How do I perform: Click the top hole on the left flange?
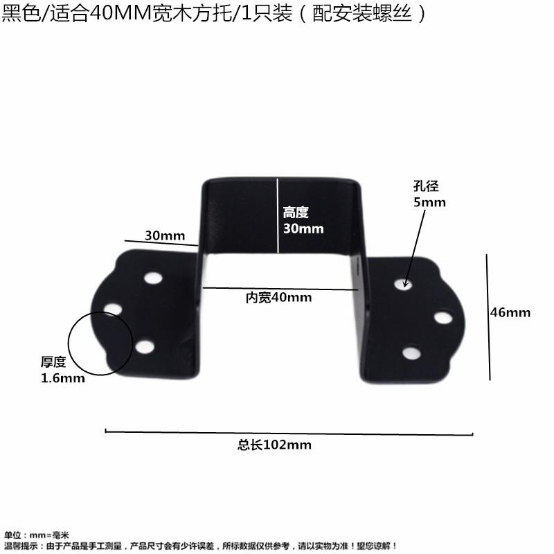152,279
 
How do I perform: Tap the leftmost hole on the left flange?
114,307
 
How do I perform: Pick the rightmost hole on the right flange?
443,319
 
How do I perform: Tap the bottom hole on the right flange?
410,353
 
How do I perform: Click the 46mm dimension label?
510,312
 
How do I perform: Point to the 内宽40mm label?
279,298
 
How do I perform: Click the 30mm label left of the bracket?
160,235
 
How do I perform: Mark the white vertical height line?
278,215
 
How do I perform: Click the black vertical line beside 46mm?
489,317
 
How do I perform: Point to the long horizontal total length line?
288,433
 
